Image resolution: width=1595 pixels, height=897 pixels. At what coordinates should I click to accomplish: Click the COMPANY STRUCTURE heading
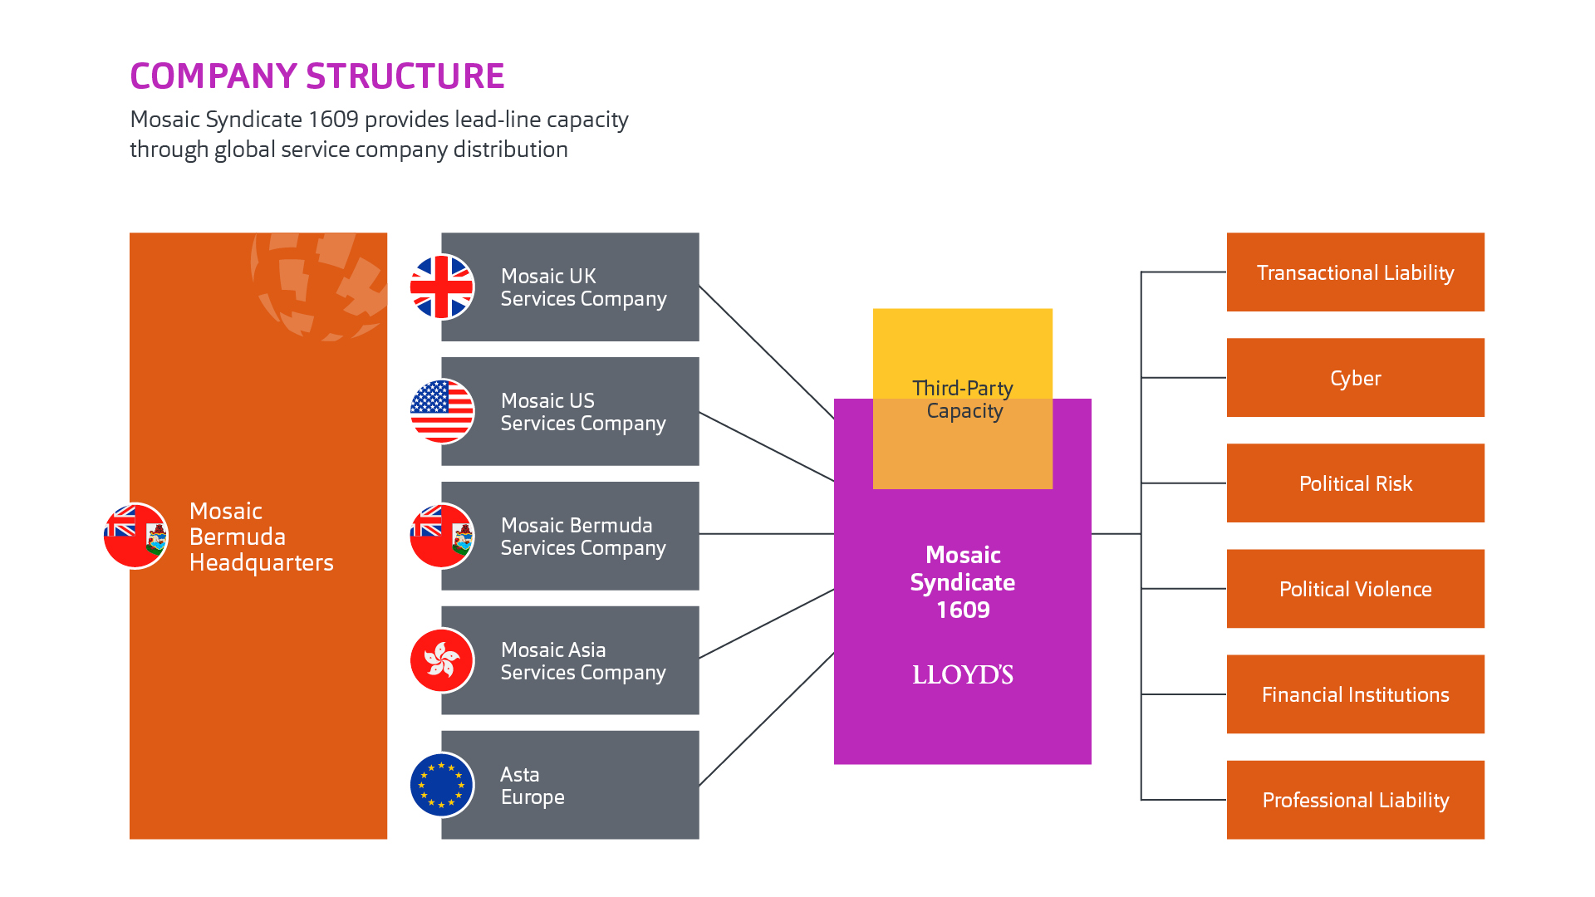pos(317,76)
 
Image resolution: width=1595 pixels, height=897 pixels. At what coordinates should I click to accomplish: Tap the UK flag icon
pos(442,287)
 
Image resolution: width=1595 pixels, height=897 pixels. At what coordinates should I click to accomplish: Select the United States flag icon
pos(442,411)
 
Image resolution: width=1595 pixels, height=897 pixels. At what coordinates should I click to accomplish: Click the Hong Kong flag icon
pos(442,660)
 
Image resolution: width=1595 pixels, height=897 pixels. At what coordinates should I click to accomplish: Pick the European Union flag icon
pos(442,785)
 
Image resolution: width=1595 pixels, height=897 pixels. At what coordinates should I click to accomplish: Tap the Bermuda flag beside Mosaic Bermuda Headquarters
pos(136,536)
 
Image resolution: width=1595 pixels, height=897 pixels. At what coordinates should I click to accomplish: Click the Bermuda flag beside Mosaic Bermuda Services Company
pos(442,536)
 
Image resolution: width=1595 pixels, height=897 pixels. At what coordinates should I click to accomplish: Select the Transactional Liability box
pos(1355,272)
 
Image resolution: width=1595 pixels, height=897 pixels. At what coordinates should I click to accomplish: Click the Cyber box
pos(1355,378)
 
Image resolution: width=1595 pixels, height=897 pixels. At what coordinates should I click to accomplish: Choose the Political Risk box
pos(1355,483)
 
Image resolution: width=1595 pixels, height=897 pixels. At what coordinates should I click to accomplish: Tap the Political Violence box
pos(1355,589)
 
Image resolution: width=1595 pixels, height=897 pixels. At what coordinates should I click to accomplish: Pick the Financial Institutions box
pos(1355,694)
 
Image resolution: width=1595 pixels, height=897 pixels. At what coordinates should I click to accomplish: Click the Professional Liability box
pos(1355,800)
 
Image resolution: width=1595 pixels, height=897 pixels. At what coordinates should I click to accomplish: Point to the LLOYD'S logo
pos(963,674)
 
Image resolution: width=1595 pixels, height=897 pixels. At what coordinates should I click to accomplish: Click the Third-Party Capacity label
pos(963,399)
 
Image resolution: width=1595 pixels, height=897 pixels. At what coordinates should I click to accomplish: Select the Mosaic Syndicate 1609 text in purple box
pos(963,581)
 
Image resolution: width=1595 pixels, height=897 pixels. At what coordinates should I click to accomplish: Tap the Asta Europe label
pos(532,786)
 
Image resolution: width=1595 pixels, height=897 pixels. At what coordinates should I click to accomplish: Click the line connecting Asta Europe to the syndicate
pos(766,719)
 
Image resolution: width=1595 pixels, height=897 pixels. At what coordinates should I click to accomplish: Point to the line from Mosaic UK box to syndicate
pos(766,352)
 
